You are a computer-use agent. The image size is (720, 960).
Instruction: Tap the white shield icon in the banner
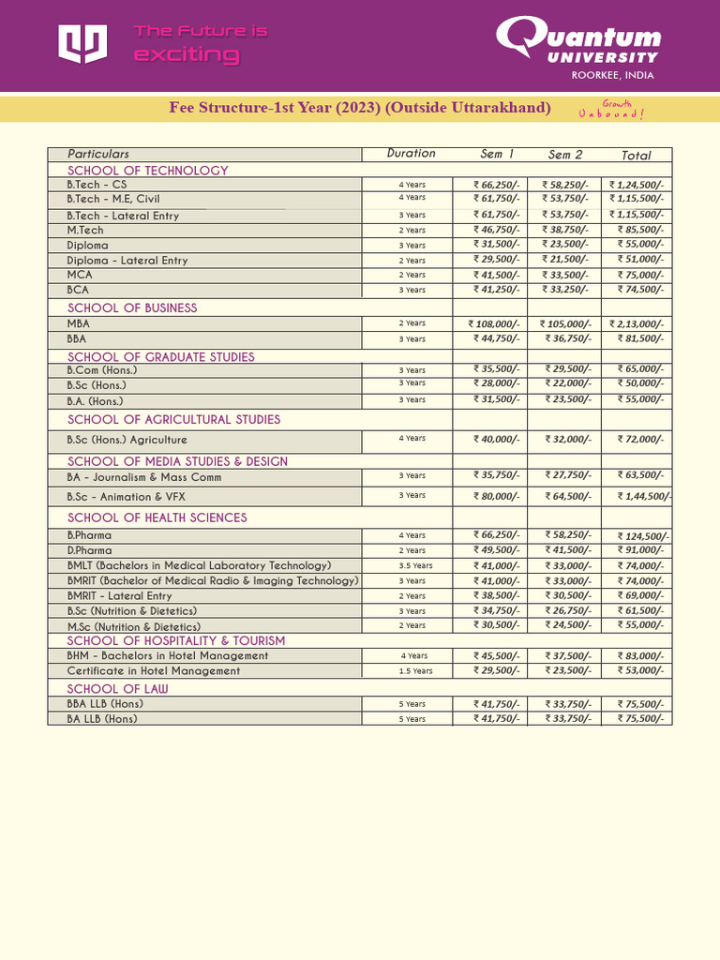[82, 43]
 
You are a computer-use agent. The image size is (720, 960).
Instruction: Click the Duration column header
[411, 154]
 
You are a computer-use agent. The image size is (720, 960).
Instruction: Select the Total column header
[636, 155]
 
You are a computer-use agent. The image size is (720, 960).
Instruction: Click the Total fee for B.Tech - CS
[636, 186]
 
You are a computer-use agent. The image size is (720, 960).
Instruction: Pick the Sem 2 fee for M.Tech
[564, 230]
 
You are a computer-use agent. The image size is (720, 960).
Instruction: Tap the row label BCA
[78, 291]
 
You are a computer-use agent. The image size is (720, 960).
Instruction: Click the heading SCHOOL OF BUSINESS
[132, 307]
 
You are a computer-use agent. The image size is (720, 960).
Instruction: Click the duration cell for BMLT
[412, 566]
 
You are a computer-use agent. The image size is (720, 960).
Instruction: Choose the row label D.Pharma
[89, 550]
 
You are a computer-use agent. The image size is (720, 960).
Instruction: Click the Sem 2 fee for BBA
[564, 338]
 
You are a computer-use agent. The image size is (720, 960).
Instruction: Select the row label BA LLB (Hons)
[101, 719]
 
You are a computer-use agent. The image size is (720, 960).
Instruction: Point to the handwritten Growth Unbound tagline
[611, 110]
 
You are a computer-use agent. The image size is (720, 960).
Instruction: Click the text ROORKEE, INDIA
[613, 75]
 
